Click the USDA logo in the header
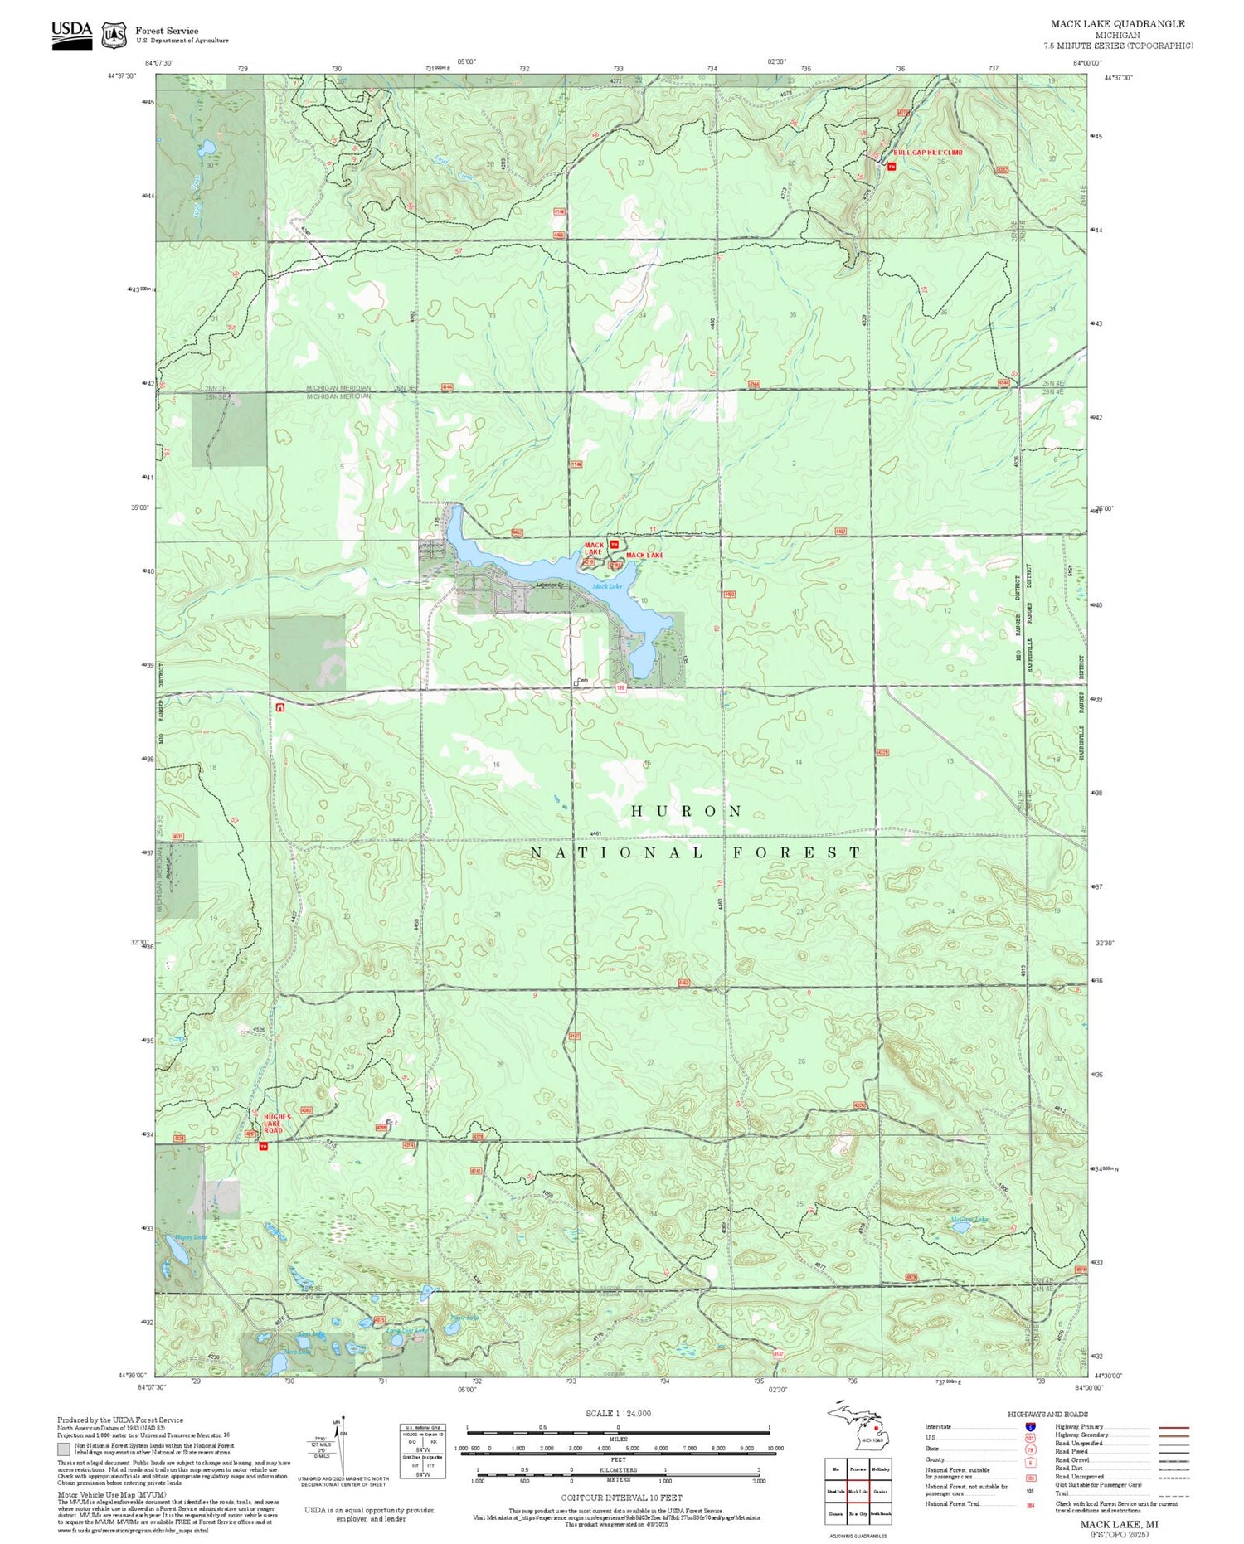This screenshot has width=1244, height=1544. [x=72, y=34]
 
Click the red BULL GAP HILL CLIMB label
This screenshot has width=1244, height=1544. [x=927, y=153]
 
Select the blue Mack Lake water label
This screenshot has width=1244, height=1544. [x=606, y=586]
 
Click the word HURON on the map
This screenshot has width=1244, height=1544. [x=687, y=811]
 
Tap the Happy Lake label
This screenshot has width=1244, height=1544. [x=190, y=1237]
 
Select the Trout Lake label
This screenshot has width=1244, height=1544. [x=464, y=1317]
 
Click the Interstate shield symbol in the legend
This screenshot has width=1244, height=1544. [x=1030, y=1425]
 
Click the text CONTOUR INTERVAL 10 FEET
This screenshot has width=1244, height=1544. [x=621, y=1498]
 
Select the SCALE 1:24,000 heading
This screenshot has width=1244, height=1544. [x=618, y=1413]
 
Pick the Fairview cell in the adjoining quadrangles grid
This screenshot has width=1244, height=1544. [x=858, y=1469]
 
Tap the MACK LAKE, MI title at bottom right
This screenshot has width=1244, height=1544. [x=1119, y=1524]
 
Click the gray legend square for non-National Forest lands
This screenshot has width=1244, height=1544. [x=64, y=1449]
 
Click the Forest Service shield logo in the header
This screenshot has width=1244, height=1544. [x=114, y=36]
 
